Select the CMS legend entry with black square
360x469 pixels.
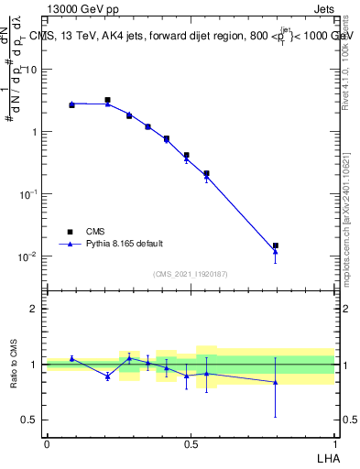tap(71, 232)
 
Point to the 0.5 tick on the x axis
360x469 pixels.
tap(190, 444)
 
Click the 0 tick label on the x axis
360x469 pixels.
tap(47, 444)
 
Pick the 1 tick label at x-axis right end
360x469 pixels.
tap(333, 444)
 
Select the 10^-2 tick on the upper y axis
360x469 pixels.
tap(29, 256)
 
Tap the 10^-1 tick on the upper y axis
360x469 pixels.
tap(29, 194)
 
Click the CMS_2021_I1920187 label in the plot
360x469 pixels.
tap(191, 274)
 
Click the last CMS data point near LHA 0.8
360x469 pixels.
tap(275, 245)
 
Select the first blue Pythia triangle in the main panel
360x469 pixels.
tap(71, 104)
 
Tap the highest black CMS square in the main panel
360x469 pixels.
tap(107, 100)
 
